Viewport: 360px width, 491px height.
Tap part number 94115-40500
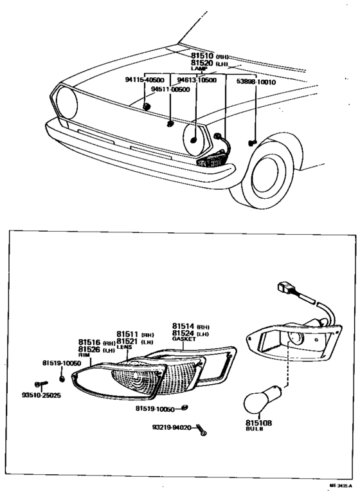pos(144,80)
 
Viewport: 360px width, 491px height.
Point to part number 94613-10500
pos(197,80)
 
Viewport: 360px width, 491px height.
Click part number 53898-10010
pos(255,82)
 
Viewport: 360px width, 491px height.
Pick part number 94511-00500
pos(170,89)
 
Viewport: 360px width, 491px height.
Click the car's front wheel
pos(274,171)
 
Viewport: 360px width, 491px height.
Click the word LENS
pos(124,347)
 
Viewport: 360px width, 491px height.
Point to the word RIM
pos(84,355)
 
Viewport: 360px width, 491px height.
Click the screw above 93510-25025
pos(40,384)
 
